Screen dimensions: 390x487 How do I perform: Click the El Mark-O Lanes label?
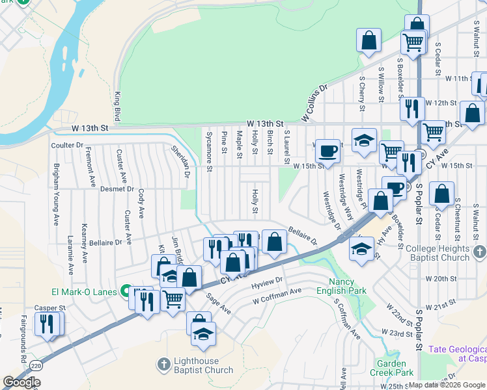pos(84,292)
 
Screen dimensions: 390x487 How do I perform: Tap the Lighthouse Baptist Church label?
pos(203,365)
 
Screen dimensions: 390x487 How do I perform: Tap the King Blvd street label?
pos(118,106)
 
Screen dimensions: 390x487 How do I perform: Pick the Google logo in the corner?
pos(21,382)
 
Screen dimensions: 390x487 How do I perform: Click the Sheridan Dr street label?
pos(180,161)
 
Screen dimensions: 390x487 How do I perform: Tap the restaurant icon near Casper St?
pos(47,323)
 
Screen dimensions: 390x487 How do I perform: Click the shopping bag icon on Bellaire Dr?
pos(275,242)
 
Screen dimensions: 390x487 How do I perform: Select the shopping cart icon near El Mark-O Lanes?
pos(173,300)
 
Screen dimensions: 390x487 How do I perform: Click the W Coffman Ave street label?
pos(278,296)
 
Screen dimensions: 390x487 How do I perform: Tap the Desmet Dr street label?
pos(117,189)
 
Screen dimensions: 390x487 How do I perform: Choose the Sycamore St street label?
pos(209,152)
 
